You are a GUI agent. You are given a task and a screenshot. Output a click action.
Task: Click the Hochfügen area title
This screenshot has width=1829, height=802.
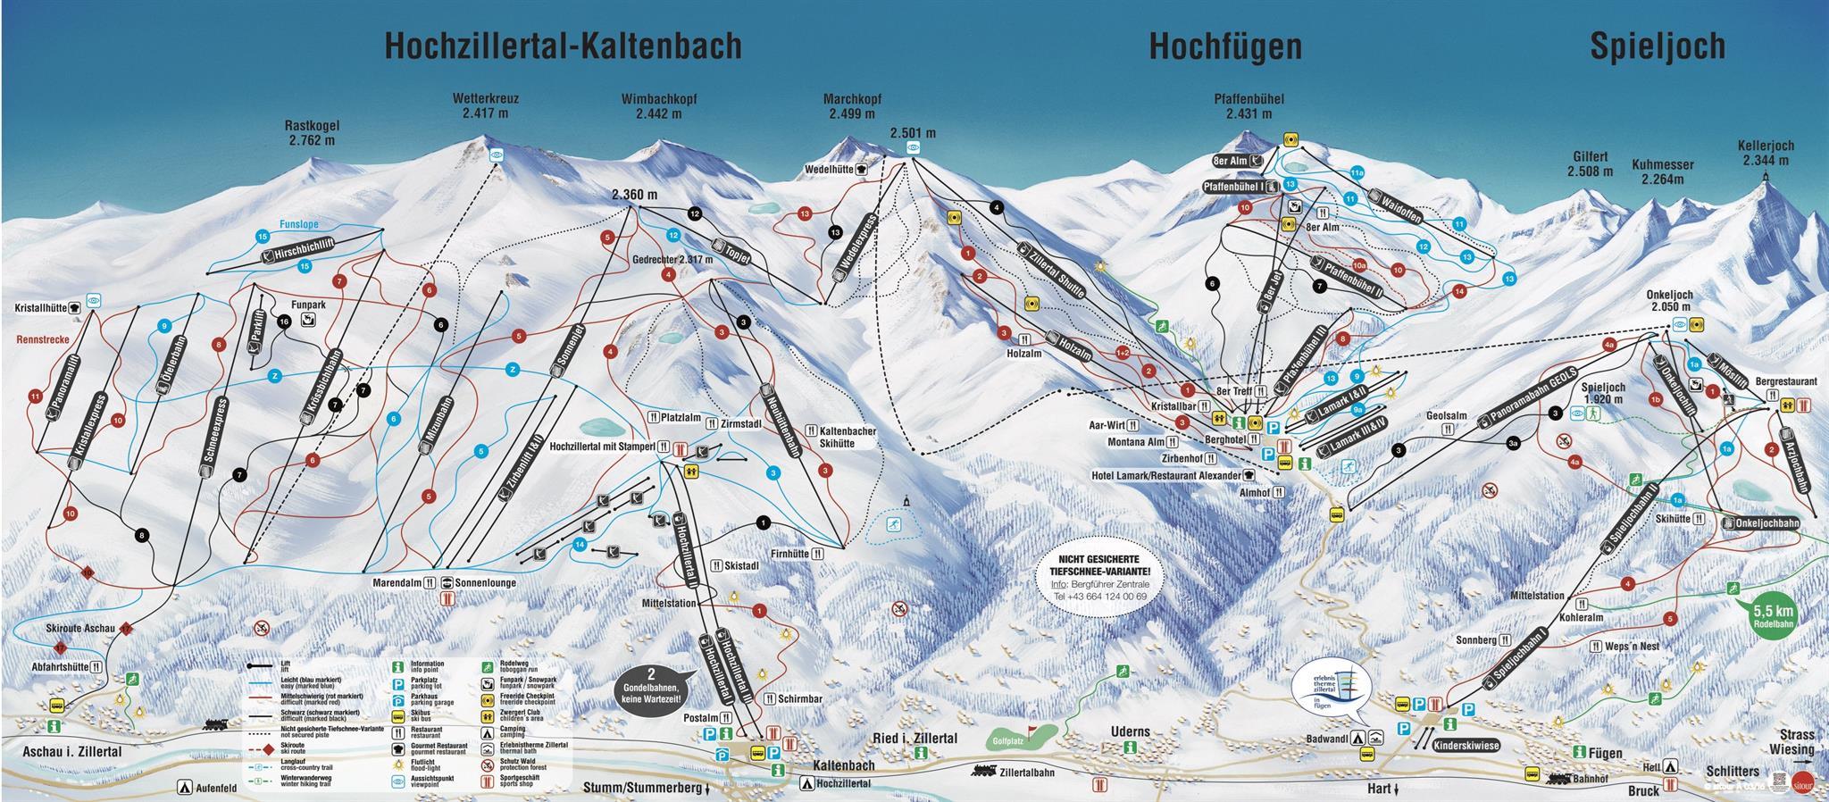click(x=1224, y=46)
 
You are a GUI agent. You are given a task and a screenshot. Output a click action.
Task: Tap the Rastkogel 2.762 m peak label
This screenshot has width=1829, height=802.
click(x=312, y=133)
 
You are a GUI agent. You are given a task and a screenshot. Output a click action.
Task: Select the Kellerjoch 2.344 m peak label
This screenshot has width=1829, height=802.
click(x=1766, y=153)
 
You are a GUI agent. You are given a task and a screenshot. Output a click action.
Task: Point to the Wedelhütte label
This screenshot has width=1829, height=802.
click(x=828, y=168)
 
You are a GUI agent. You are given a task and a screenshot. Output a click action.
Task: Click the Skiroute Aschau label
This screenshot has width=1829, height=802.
click(x=80, y=629)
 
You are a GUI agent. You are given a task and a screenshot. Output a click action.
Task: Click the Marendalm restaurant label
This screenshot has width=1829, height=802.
click(x=397, y=582)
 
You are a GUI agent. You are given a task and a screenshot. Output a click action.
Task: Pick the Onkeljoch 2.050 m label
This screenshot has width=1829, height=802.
click(x=1669, y=301)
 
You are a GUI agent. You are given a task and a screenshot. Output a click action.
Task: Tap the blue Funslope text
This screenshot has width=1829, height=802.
click(x=297, y=225)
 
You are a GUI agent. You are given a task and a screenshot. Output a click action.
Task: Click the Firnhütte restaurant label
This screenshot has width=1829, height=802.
click(x=787, y=554)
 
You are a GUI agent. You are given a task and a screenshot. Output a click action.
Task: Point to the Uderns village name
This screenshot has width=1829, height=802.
click(x=1129, y=731)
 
